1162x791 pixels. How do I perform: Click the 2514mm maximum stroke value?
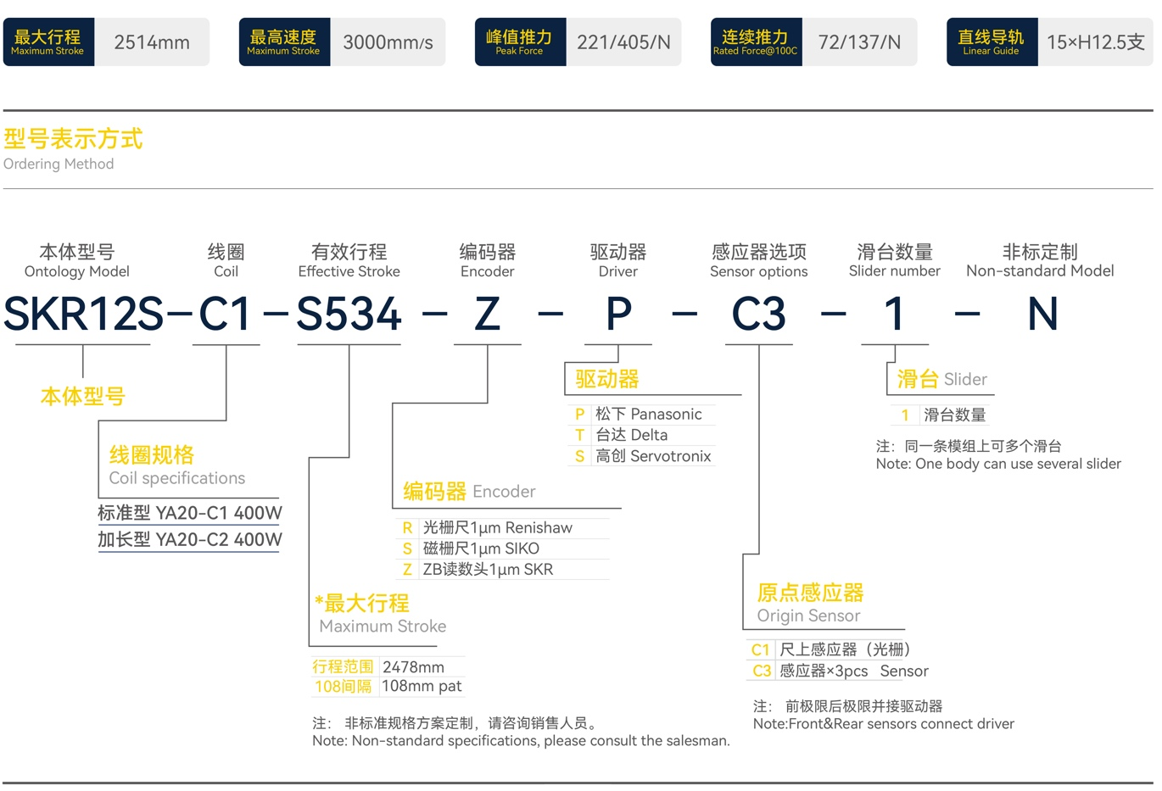click(152, 42)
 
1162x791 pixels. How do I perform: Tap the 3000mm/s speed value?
click(388, 42)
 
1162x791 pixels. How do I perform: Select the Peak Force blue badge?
click(519, 42)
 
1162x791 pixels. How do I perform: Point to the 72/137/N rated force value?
click(859, 42)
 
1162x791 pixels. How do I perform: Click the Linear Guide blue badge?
click(991, 42)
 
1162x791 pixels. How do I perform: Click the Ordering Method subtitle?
click(59, 164)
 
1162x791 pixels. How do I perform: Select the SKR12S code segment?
click(83, 315)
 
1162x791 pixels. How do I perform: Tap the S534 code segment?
click(349, 315)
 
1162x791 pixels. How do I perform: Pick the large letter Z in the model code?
click(487, 315)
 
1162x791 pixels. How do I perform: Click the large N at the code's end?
click(1042, 315)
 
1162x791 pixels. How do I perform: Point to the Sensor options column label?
click(758, 271)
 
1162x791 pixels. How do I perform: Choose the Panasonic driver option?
click(648, 414)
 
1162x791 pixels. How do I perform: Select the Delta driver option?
click(631, 435)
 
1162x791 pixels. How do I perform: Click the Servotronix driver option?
click(653, 456)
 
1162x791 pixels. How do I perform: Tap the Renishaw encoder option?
click(497, 527)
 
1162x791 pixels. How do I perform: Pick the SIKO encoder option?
click(481, 549)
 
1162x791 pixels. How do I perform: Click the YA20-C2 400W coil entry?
click(190, 539)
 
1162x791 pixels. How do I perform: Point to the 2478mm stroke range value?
click(413, 667)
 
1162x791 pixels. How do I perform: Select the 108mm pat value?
click(422, 686)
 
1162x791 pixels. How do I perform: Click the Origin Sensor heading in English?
click(808, 616)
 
